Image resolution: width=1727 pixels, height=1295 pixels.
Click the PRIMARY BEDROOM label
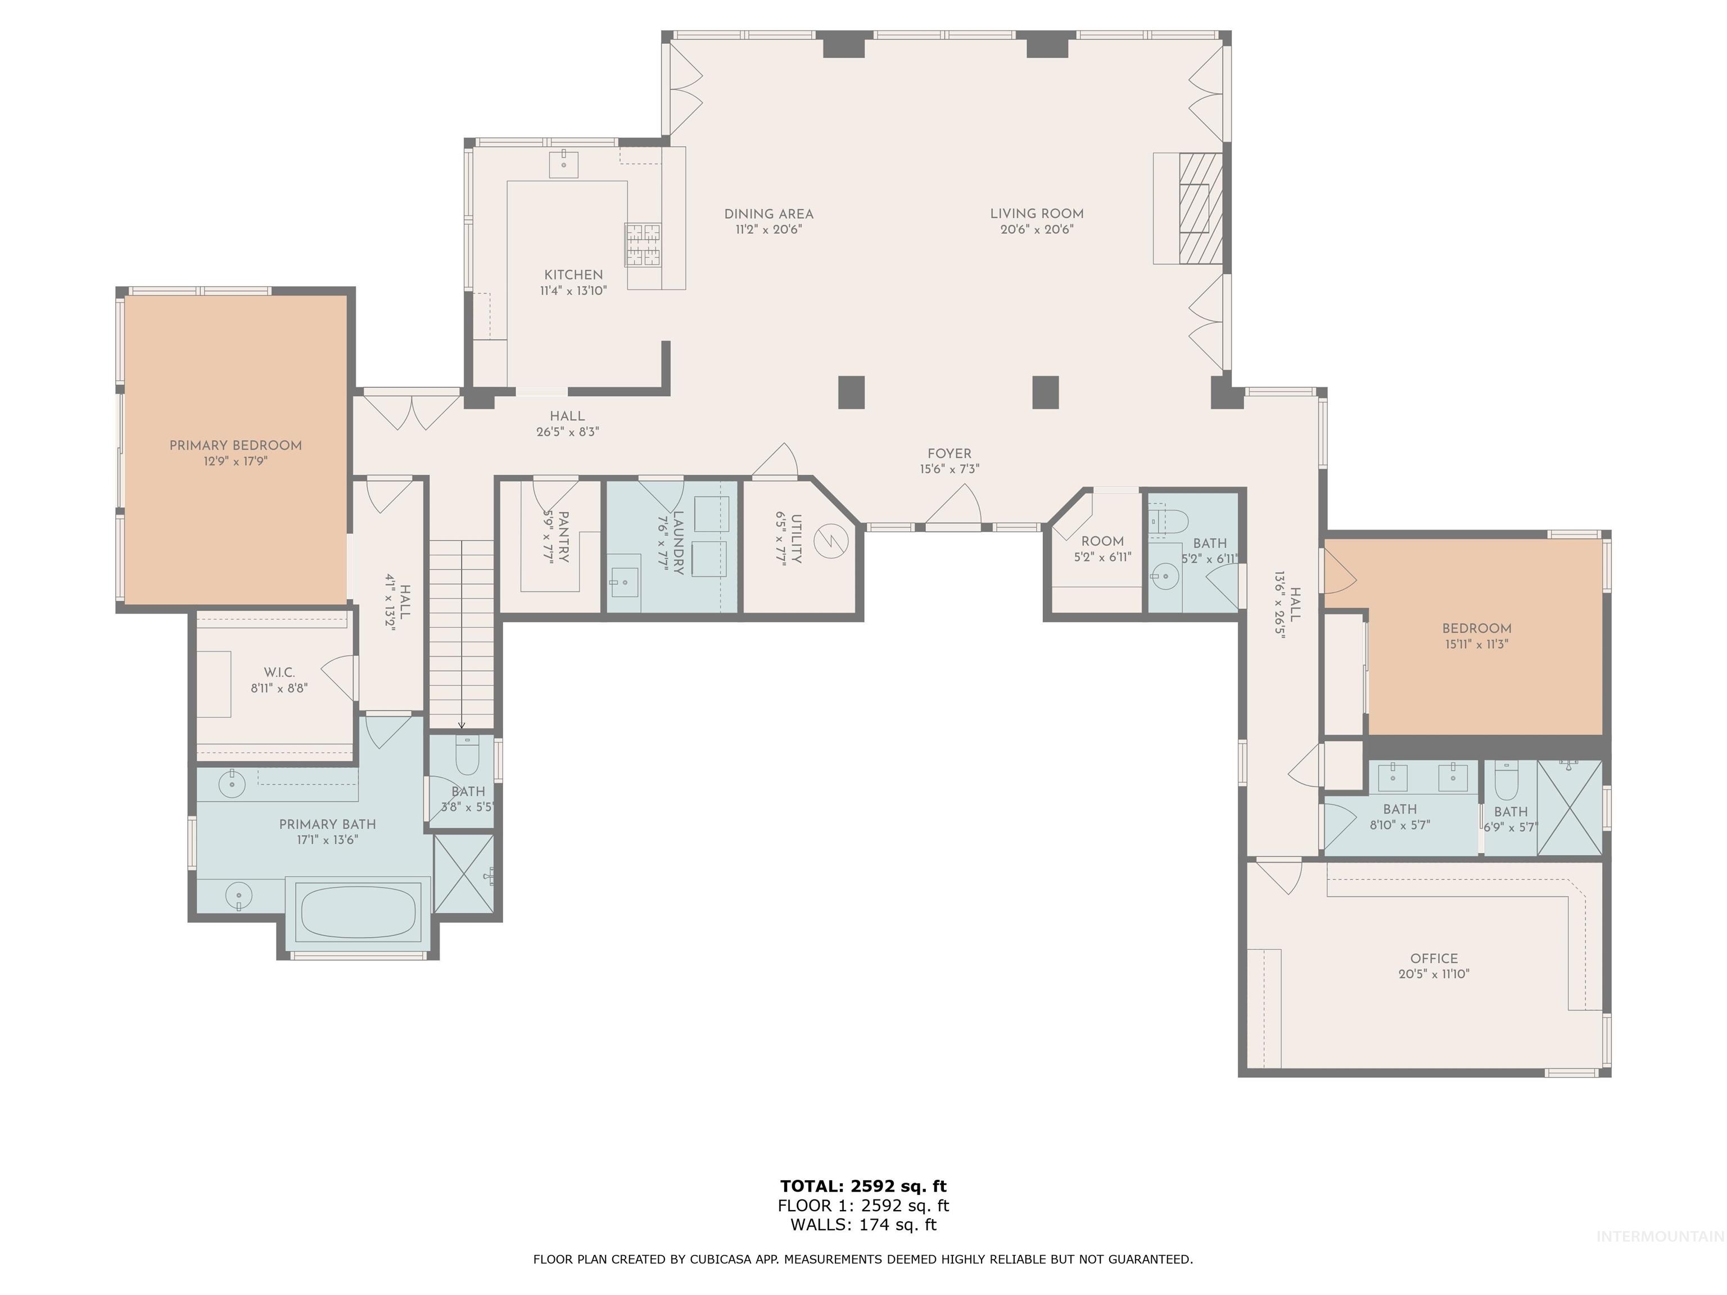(x=235, y=446)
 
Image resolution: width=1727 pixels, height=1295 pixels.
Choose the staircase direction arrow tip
(x=462, y=726)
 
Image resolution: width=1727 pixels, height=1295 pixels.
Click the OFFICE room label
(x=1434, y=958)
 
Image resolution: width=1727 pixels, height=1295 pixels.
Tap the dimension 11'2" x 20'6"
(x=768, y=229)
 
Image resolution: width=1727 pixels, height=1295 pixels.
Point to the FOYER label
(x=950, y=454)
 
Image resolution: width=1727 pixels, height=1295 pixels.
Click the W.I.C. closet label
(x=279, y=672)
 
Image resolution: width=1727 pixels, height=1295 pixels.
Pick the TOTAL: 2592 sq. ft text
(x=863, y=1187)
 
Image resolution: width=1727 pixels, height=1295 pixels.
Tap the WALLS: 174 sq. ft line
(x=863, y=1225)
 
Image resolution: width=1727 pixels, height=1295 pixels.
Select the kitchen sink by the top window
(x=564, y=165)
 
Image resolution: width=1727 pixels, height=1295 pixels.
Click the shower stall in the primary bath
(x=464, y=873)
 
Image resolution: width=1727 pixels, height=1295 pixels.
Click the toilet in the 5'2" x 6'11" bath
(x=1171, y=520)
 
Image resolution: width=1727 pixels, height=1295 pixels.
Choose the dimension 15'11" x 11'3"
(x=1476, y=644)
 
